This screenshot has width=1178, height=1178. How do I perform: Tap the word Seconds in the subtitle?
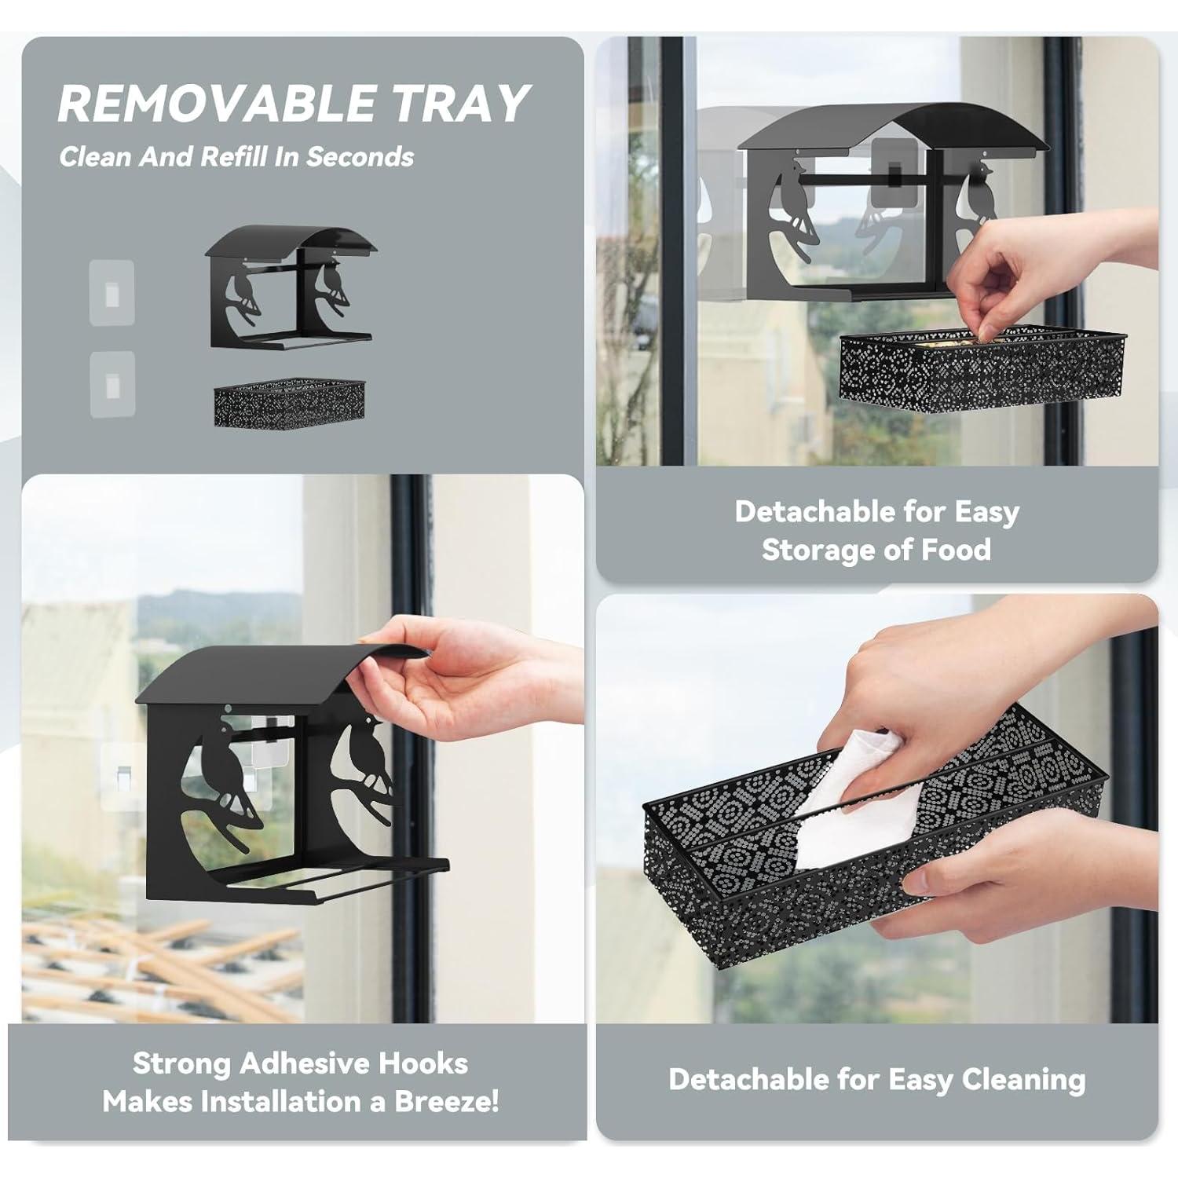pyautogui.click(x=360, y=156)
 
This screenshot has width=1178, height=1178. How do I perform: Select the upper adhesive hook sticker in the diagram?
pyautogui.click(x=112, y=293)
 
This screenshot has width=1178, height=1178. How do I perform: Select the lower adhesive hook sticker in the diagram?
pyautogui.click(x=112, y=384)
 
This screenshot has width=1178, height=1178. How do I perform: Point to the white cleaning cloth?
pyautogui.click(x=856, y=809)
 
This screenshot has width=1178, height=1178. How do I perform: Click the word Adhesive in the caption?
pyautogui.click(x=305, y=1063)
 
